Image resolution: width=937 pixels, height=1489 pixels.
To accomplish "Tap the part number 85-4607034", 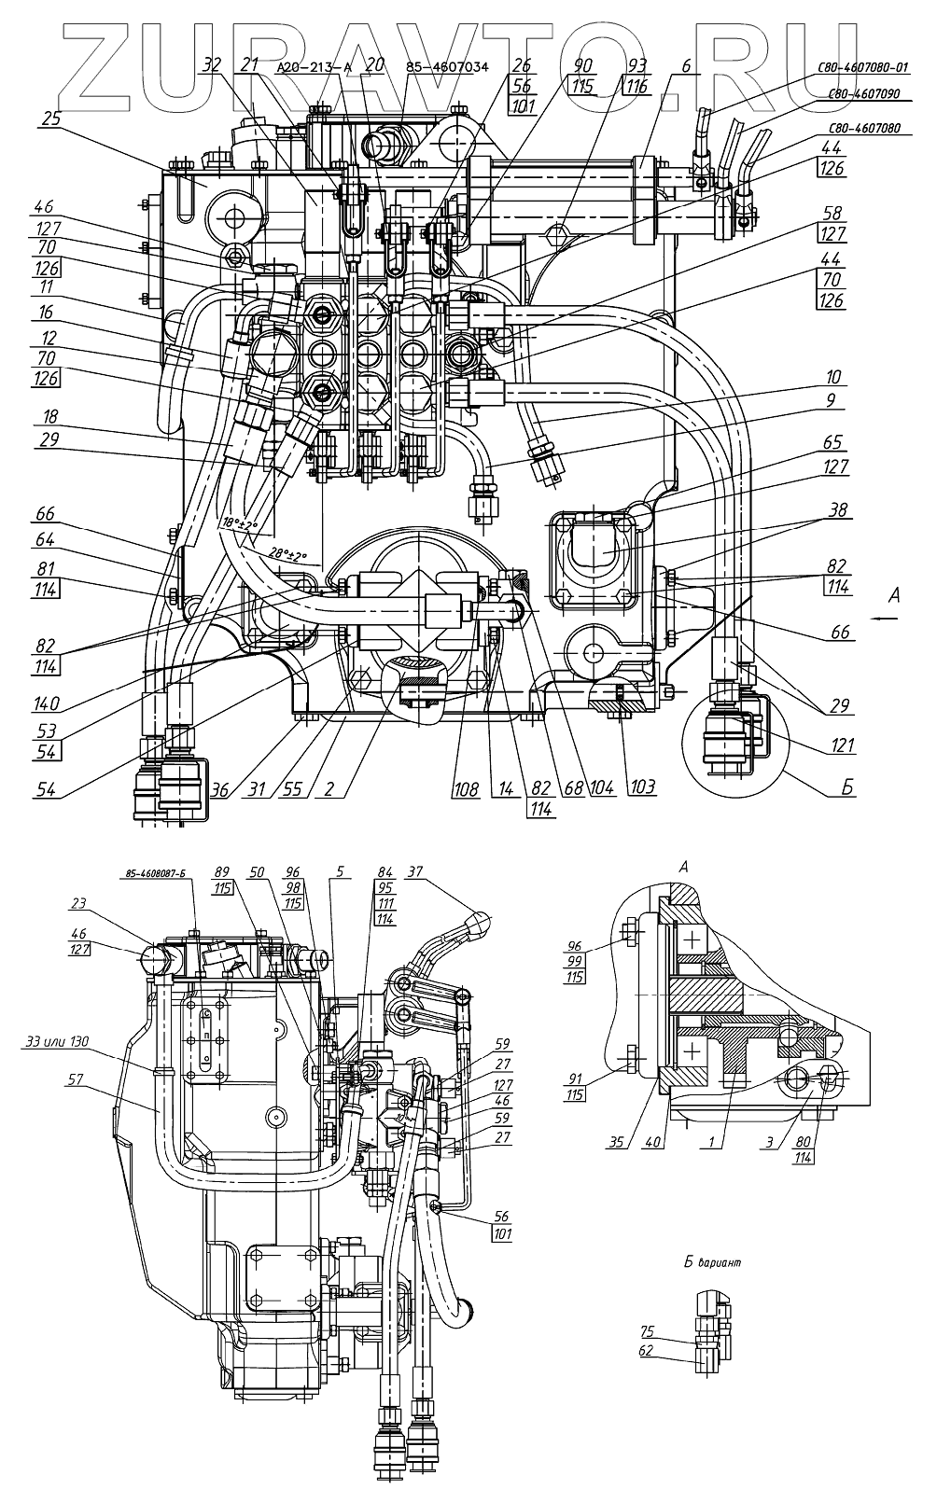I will point(446,68).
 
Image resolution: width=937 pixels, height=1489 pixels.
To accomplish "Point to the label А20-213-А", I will point(315,68).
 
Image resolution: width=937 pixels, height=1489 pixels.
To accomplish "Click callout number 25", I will point(50,118).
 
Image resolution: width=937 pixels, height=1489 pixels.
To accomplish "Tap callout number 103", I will point(641,786).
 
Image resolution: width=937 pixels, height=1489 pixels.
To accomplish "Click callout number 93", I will point(636,67).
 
